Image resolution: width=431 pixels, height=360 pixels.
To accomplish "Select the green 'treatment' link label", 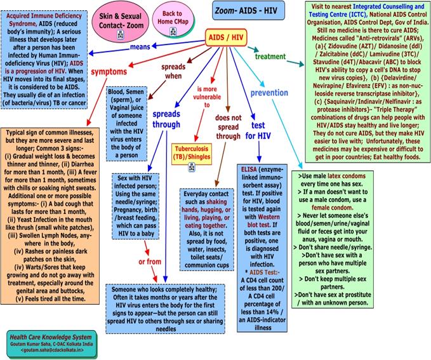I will pos(270,57).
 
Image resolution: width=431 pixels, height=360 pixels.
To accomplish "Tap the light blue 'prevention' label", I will pos(269,93).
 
